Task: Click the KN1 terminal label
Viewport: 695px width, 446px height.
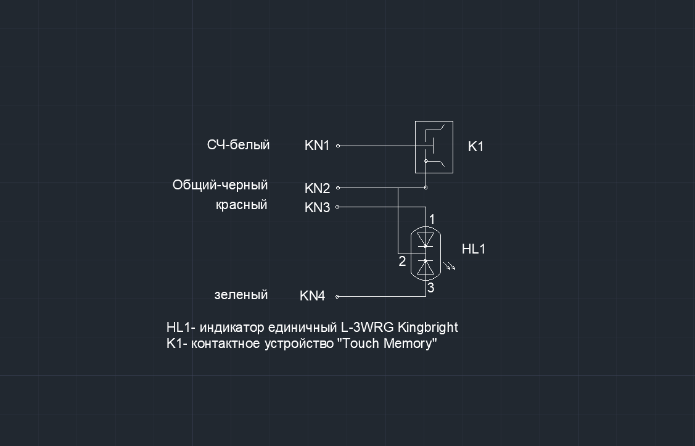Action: pyautogui.click(x=317, y=146)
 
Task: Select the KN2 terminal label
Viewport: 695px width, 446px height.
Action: pyautogui.click(x=318, y=188)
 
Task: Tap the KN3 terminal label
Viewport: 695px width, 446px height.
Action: pyautogui.click(x=318, y=207)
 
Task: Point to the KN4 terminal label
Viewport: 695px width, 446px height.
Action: pyautogui.click(x=313, y=295)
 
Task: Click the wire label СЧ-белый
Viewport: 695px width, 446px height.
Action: pyautogui.click(x=239, y=145)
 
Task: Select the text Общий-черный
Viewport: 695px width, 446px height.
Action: pyautogui.click(x=220, y=185)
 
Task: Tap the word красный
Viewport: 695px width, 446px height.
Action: pyautogui.click(x=242, y=205)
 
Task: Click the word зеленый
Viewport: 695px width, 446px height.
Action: pyautogui.click(x=241, y=295)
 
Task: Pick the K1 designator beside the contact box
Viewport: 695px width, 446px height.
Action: pyautogui.click(x=475, y=146)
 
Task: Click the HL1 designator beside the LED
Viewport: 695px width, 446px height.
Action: pyautogui.click(x=474, y=249)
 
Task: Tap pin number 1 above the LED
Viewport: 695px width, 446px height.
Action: pyautogui.click(x=432, y=219)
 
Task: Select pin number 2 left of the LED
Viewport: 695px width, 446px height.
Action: pyautogui.click(x=402, y=261)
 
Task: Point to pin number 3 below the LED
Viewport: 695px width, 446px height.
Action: pyautogui.click(x=431, y=287)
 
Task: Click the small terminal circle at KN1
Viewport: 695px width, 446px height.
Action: pyautogui.click(x=338, y=146)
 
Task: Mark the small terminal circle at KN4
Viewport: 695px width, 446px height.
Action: pyautogui.click(x=337, y=297)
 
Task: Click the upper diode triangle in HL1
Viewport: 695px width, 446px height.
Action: pyautogui.click(x=426, y=239)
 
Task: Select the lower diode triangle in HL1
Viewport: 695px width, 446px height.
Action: pyautogui.click(x=426, y=267)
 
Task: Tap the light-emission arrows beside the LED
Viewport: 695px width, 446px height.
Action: pyautogui.click(x=449, y=265)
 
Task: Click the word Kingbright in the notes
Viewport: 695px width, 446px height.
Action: pyautogui.click(x=428, y=328)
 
